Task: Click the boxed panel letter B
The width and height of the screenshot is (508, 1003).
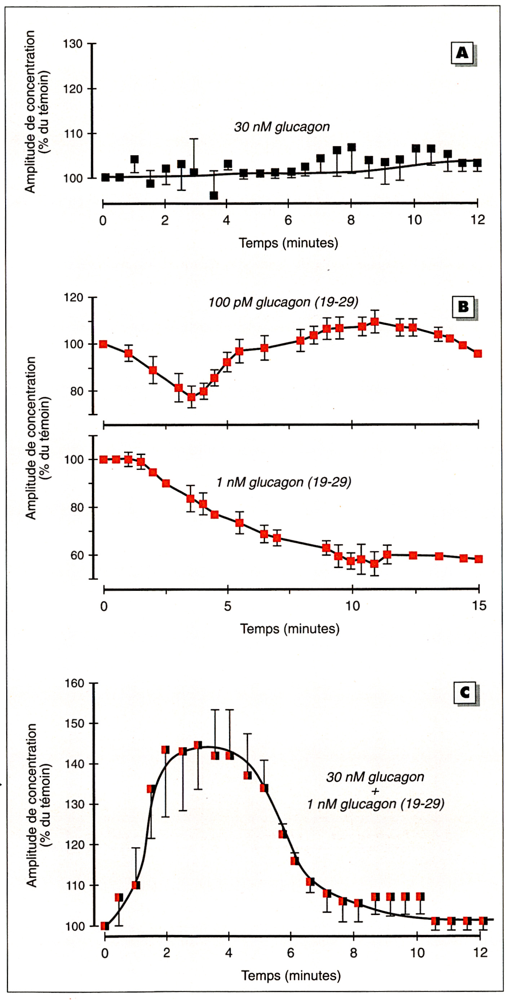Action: (x=463, y=307)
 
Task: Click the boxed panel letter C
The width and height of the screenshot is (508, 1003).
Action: (x=465, y=693)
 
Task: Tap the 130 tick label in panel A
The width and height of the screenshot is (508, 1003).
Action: (x=73, y=44)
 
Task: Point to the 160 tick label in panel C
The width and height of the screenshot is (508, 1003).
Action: (x=74, y=683)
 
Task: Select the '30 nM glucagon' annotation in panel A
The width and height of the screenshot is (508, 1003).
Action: (x=282, y=127)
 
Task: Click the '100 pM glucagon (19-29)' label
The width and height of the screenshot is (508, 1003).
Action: (x=283, y=302)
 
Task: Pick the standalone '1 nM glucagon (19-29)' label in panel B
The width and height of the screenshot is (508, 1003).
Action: (x=284, y=482)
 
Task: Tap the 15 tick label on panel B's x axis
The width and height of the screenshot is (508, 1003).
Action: (x=479, y=606)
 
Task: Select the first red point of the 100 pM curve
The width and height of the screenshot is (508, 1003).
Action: (x=103, y=344)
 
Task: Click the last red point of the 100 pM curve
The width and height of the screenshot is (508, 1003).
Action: (x=478, y=353)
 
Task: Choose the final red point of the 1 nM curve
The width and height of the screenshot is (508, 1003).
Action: (x=479, y=559)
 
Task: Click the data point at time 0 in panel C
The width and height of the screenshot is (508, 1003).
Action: (x=105, y=926)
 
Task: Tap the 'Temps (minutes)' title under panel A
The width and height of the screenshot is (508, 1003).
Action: (x=288, y=243)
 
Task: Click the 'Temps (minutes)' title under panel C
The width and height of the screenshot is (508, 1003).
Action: (x=291, y=975)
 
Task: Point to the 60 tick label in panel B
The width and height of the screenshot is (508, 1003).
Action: (x=77, y=555)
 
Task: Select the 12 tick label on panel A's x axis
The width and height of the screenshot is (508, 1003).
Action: (x=478, y=220)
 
